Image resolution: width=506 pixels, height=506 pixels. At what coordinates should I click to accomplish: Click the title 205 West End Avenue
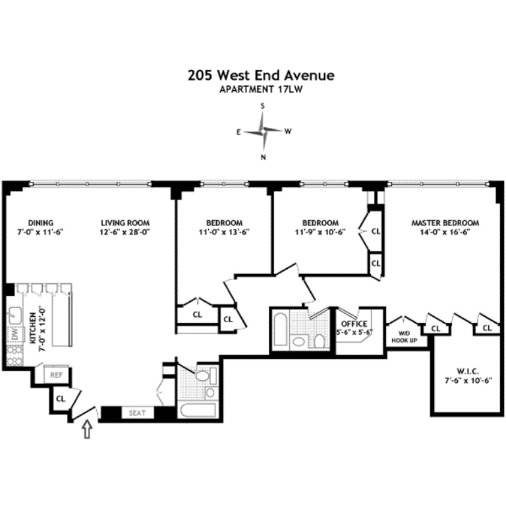pyautogui.click(x=261, y=75)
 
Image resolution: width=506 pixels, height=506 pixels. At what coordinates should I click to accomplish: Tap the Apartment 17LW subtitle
pyautogui.click(x=261, y=90)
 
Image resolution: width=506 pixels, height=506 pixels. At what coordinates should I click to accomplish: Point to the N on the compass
pyautogui.click(x=264, y=157)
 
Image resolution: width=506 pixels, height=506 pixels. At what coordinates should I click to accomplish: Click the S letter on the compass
pyautogui.click(x=263, y=106)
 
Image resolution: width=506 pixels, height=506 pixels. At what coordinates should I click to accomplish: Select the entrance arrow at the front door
pyautogui.click(x=87, y=429)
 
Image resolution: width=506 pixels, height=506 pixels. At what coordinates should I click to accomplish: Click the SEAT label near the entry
pyautogui.click(x=137, y=412)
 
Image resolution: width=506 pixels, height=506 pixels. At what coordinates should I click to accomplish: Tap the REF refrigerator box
pyautogui.click(x=57, y=375)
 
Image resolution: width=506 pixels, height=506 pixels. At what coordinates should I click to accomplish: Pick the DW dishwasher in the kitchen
pyautogui.click(x=15, y=334)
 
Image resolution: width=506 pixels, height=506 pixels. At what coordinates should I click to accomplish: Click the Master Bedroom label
pyautogui.click(x=445, y=223)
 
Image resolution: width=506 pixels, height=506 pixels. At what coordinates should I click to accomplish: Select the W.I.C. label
pyautogui.click(x=468, y=371)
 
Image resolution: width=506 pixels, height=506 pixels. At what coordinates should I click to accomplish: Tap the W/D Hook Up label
pyautogui.click(x=404, y=337)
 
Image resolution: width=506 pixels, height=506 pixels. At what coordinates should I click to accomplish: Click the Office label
pyautogui.click(x=354, y=323)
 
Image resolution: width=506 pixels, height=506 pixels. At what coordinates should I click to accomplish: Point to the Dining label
pyautogui.click(x=41, y=223)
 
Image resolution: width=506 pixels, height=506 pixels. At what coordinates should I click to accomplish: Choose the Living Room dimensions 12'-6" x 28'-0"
pyautogui.click(x=125, y=232)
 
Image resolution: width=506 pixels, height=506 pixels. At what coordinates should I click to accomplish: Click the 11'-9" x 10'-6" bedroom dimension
pyautogui.click(x=320, y=232)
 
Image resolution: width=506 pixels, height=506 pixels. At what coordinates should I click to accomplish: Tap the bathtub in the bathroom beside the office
pyautogui.click(x=280, y=329)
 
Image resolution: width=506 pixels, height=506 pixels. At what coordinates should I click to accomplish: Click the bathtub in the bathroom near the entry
pyautogui.click(x=198, y=410)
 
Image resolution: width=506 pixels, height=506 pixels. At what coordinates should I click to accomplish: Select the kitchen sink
pyautogui.click(x=14, y=316)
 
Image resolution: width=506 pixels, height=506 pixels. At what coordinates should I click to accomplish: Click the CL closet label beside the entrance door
pyautogui.click(x=61, y=399)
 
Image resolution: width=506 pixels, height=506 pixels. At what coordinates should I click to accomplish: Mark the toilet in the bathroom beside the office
pyautogui.click(x=319, y=341)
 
